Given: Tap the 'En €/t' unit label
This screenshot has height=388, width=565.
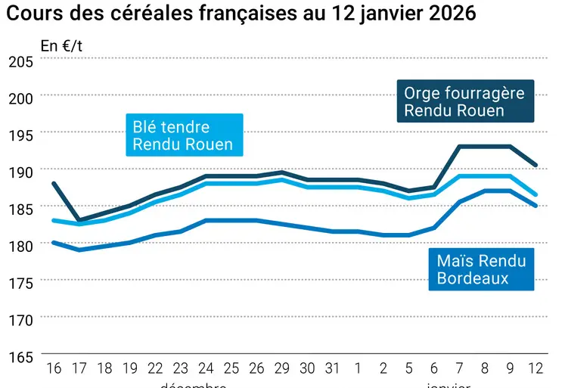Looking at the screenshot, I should [61, 46].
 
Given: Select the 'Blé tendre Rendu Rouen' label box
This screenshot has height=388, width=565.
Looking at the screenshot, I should [183, 135].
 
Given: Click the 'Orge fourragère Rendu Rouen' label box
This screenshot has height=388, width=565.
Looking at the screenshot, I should [464, 101].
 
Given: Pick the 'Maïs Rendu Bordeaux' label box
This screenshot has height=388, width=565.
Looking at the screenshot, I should [480, 269].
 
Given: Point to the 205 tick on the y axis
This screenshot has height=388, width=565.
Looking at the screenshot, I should [20, 61].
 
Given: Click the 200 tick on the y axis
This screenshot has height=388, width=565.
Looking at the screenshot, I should [20, 98].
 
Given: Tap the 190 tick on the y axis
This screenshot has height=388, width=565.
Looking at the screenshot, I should [20, 172].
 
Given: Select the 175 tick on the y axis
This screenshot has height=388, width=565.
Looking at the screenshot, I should [20, 283].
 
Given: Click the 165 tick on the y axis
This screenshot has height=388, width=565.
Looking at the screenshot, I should [20, 356].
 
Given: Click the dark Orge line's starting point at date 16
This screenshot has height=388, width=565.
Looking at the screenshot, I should [52, 183].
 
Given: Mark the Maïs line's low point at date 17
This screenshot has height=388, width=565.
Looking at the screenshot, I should [79, 250].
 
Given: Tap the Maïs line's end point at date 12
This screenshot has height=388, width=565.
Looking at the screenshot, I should [536, 205].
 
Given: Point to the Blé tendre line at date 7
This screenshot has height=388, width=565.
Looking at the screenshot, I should [460, 175].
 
